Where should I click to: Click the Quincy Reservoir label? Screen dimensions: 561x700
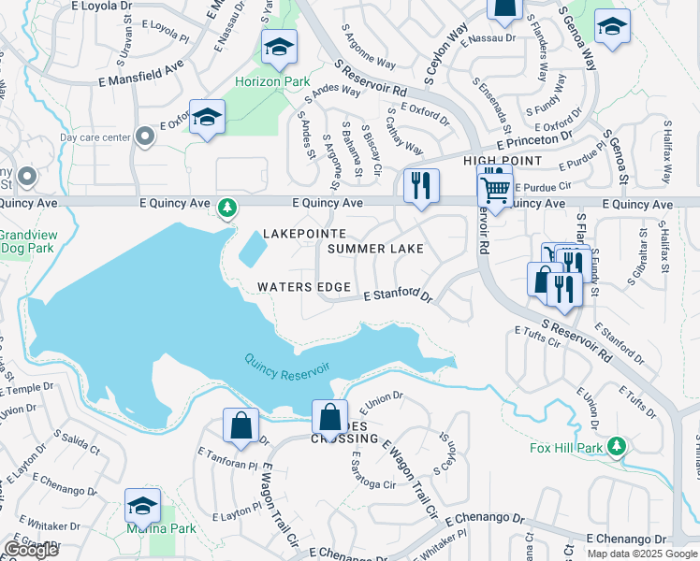coord(287,366)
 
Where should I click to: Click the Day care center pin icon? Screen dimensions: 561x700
coord(144,137)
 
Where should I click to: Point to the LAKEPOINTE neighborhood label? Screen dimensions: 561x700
coord(304,233)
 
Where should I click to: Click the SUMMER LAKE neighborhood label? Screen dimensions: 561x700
coord(375,249)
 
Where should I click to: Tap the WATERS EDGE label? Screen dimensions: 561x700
coord(304,287)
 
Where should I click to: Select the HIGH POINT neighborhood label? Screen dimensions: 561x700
coord(503,162)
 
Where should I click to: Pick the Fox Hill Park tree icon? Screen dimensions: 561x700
coord(616,446)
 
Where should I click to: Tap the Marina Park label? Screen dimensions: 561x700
coord(149,528)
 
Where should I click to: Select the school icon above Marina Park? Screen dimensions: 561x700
coord(142,505)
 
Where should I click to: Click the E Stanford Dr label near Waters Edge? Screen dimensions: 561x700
coord(398,296)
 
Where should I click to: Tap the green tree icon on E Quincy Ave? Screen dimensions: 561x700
coord(226,206)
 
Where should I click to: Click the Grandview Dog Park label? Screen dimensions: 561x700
coord(26,242)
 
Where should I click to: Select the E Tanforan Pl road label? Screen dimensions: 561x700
coord(227,463)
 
